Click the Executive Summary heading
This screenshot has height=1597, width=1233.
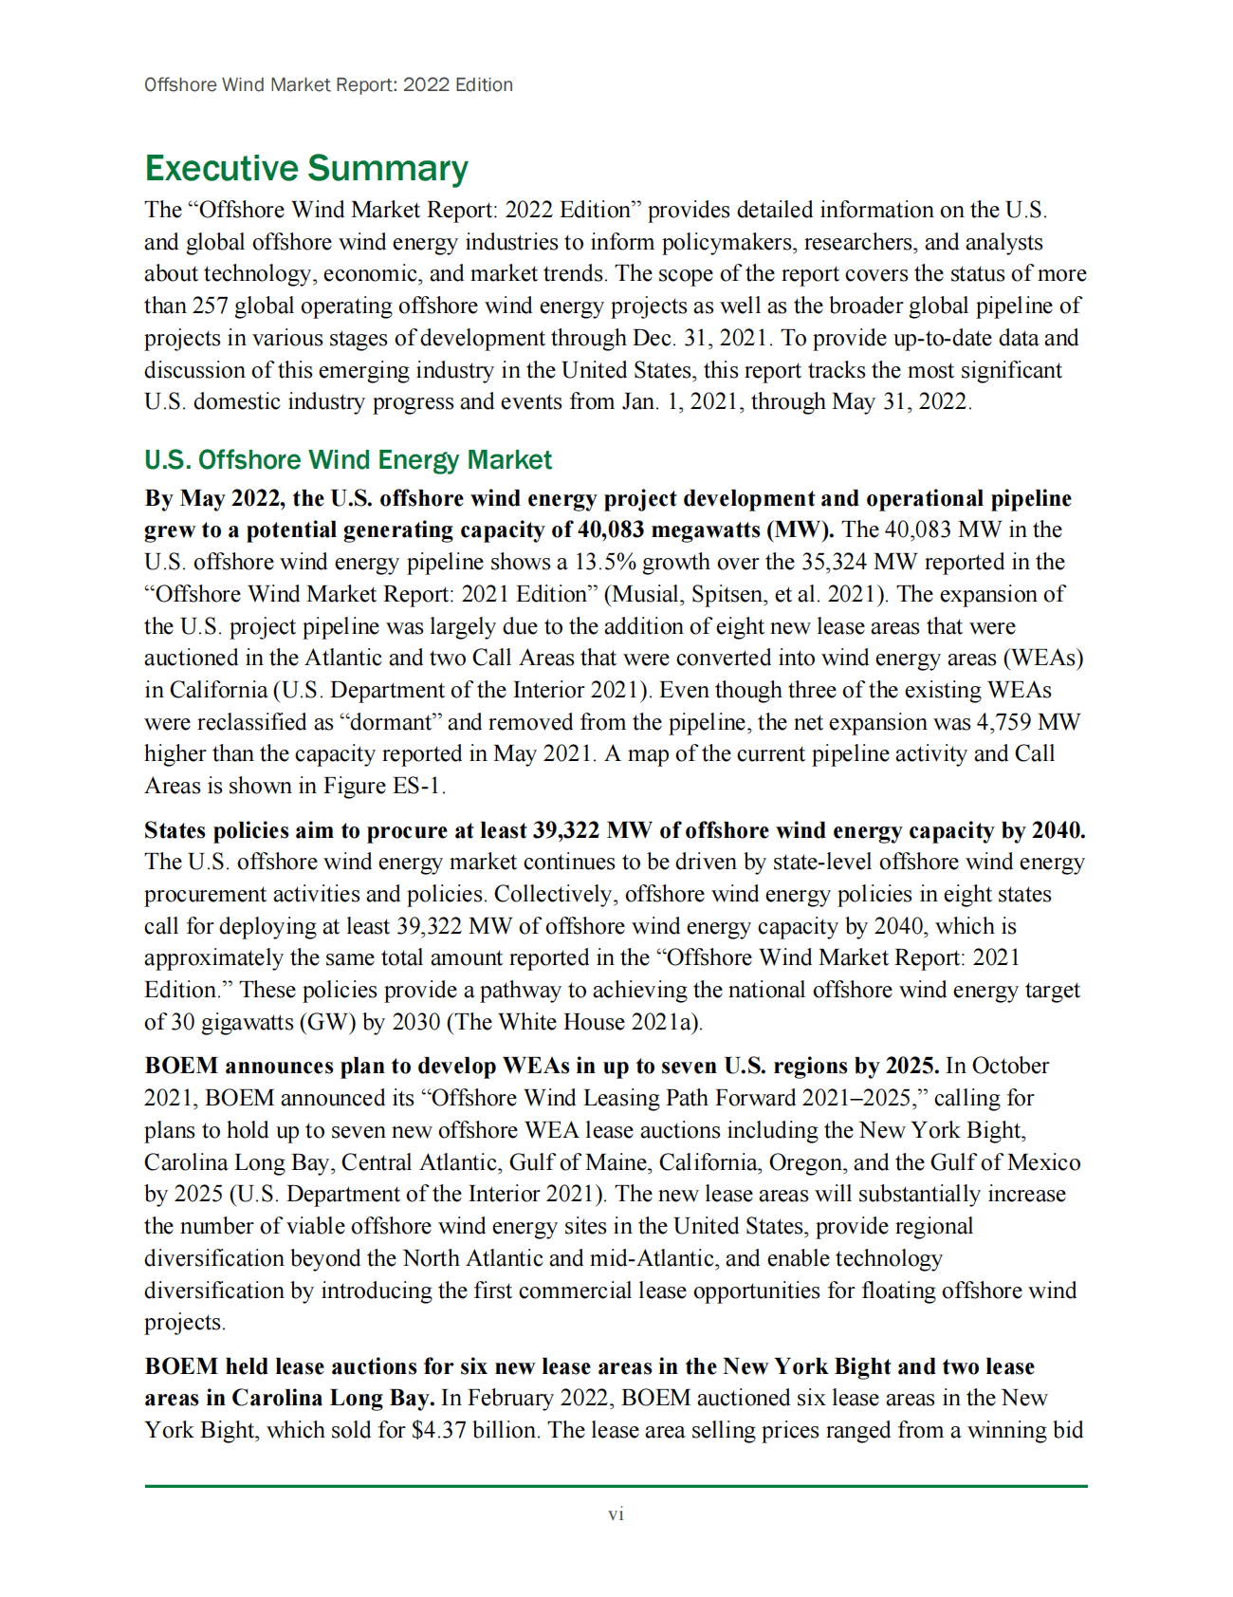305,169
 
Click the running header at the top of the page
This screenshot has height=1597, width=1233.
328,84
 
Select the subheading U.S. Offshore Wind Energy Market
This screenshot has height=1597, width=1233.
347,460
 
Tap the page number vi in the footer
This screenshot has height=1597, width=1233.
616,1514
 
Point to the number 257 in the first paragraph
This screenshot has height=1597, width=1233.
211,306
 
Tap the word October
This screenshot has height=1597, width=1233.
1010,1066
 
